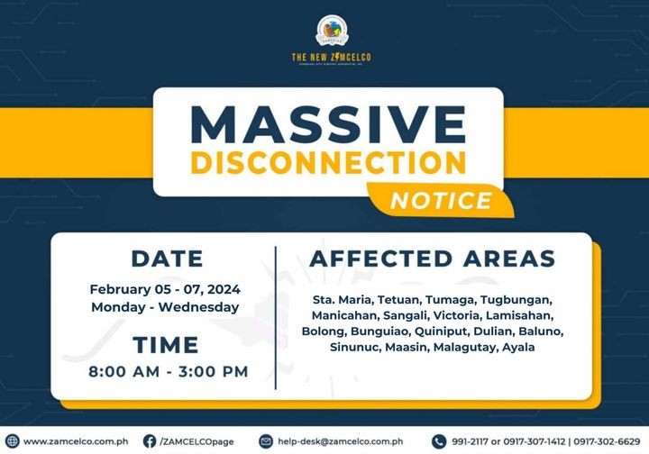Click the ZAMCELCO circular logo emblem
pyautogui.click(x=332, y=31)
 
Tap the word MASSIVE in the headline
pyautogui.click(x=328, y=125)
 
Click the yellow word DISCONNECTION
pyautogui.click(x=328, y=163)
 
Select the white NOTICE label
pyautogui.click(x=441, y=201)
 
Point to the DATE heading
pyautogui.click(x=168, y=259)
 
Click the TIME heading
pyautogui.click(x=166, y=345)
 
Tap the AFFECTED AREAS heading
pyautogui.click(x=432, y=259)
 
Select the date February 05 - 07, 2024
pyautogui.click(x=165, y=289)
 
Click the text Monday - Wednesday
pyautogui.click(x=165, y=307)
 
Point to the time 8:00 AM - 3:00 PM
pyautogui.click(x=168, y=371)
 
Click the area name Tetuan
pyautogui.click(x=399, y=299)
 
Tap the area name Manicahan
pyautogui.click(x=345, y=315)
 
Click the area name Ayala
pyautogui.click(x=518, y=347)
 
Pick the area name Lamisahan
pyautogui.click(x=519, y=315)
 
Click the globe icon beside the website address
pyautogui.click(x=12, y=441)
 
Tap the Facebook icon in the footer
pyautogui.click(x=150, y=441)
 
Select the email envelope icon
pyautogui.click(x=266, y=441)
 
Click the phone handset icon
pyautogui.click(x=439, y=441)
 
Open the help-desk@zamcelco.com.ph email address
pyautogui.click(x=340, y=441)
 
